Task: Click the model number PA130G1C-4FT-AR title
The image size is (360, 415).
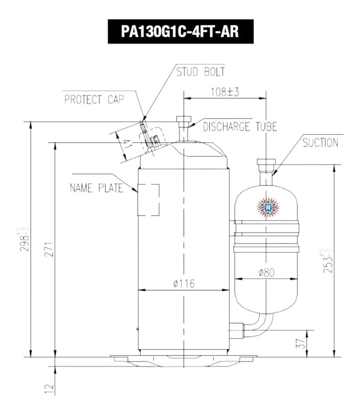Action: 180,32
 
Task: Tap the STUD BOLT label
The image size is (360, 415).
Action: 200,72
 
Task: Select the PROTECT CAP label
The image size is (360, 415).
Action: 94,100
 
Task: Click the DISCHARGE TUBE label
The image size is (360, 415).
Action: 240,127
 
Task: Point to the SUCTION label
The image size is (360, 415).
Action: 320,143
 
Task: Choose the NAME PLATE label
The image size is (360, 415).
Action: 96,188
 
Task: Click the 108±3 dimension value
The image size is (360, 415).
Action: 224,92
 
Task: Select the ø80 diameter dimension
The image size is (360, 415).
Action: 267,273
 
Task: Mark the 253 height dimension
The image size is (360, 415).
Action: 327,261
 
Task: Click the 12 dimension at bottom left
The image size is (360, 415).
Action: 49,388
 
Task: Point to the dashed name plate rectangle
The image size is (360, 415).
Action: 148,200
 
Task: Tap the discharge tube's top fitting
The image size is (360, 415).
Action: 182,121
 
